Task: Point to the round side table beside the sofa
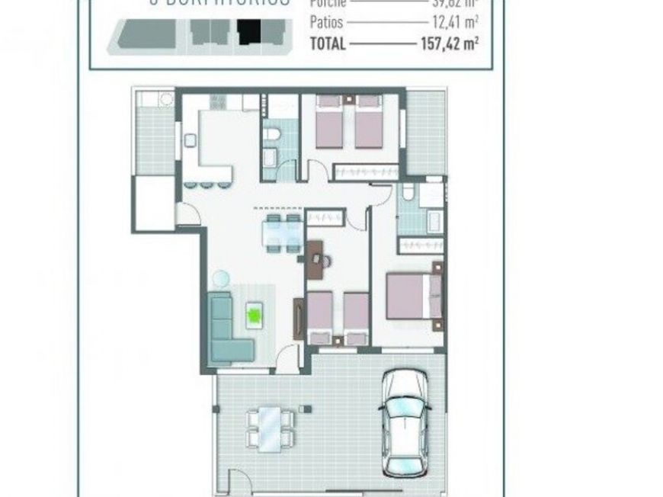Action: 220,278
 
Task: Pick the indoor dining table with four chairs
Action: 281,232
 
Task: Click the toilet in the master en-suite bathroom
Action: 408,193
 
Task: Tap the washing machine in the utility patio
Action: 165,99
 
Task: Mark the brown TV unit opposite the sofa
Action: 298,318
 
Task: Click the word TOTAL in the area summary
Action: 328,43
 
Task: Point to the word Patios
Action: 326,22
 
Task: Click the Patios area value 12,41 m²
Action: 454,22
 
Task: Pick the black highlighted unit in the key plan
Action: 248,32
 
